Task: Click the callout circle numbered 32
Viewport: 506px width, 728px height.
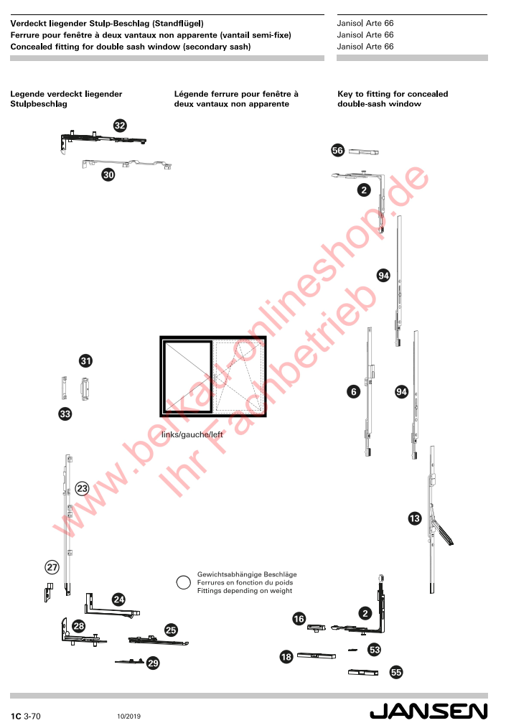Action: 120,126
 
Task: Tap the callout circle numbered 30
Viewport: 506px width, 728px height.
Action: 108,174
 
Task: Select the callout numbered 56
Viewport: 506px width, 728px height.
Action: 337,150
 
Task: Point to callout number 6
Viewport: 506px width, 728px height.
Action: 354,391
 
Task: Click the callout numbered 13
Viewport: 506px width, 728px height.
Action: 415,518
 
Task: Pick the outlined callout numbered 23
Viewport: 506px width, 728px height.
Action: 82,488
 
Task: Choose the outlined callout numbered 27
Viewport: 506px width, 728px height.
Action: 52,567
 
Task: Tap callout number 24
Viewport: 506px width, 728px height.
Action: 119,599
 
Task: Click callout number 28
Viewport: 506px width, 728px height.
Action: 79,626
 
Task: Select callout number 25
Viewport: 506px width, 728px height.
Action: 171,630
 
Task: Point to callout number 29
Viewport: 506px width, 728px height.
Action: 153,663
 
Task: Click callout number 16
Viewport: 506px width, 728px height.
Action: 299,618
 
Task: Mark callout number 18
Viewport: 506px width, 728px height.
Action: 286,656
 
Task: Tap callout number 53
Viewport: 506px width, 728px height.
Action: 375,650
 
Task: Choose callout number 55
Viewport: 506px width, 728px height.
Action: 396,672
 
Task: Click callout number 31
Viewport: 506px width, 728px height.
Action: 85,360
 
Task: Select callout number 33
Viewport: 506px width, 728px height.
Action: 65,414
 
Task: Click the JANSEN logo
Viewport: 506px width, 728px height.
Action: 428,711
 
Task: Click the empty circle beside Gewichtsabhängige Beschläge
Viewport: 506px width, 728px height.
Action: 183,582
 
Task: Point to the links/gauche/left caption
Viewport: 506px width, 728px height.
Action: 192,434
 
